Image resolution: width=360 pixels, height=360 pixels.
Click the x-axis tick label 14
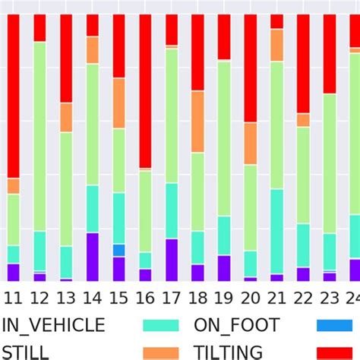(x=92, y=296)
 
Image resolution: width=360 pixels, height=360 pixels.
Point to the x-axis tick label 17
(x=172, y=296)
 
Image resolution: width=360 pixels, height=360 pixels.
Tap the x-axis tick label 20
(x=251, y=296)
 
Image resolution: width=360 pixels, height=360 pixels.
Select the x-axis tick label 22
(x=303, y=296)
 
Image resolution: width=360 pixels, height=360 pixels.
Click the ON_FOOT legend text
(x=237, y=326)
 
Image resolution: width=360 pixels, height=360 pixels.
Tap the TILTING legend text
(x=228, y=352)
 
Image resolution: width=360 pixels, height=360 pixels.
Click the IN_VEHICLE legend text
(x=53, y=326)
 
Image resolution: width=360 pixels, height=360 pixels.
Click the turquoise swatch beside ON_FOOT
(x=161, y=326)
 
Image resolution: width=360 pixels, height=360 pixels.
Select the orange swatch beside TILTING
(x=161, y=352)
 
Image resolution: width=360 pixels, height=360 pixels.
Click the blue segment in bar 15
(x=118, y=250)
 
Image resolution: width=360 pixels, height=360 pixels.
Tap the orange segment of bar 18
(x=197, y=122)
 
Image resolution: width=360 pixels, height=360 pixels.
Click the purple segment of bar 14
(x=92, y=257)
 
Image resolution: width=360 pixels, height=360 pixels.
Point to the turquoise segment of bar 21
(x=276, y=231)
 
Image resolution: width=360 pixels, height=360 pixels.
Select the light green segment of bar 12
(x=39, y=137)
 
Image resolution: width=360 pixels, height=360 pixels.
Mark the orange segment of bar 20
(x=251, y=144)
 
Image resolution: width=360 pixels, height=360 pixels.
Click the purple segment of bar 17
(x=172, y=260)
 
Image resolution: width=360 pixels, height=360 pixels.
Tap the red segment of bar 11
(x=13, y=96)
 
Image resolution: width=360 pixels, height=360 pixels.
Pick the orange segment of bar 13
(x=66, y=118)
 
